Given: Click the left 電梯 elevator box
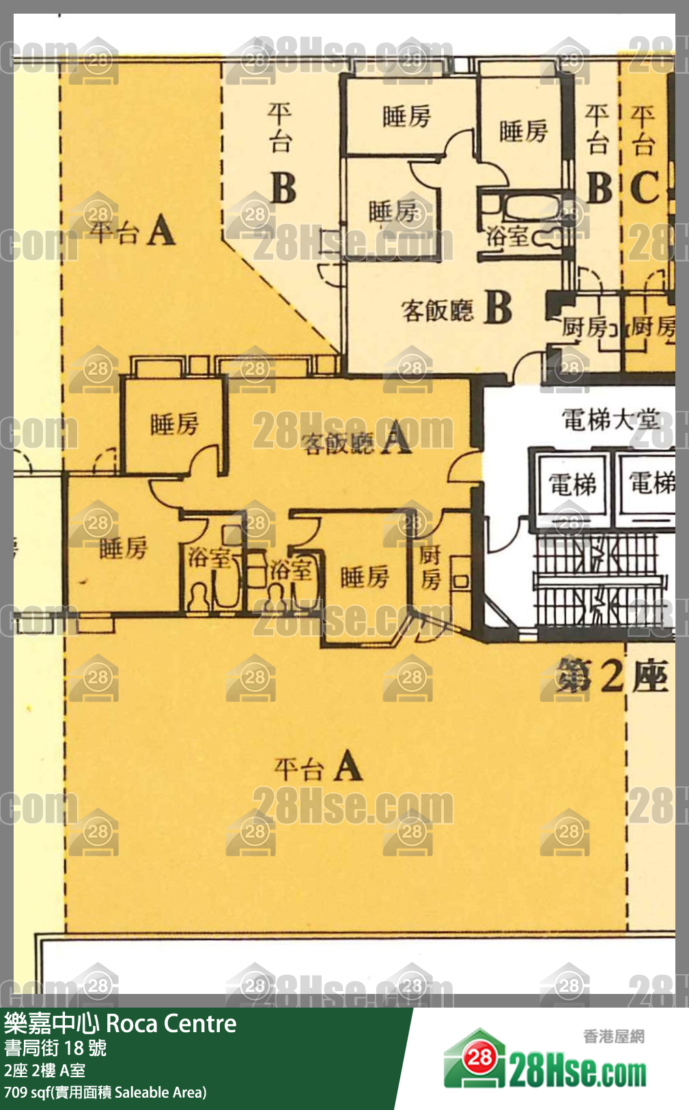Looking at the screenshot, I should (x=572, y=485).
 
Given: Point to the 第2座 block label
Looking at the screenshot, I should (x=611, y=677).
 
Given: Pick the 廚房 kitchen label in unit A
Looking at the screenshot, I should (x=430, y=567).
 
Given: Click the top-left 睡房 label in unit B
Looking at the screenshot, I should (x=407, y=117).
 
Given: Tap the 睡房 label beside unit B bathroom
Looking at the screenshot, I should (x=523, y=130).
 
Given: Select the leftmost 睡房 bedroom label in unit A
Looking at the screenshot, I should (x=123, y=548).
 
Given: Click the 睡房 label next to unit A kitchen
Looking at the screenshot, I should (x=365, y=578).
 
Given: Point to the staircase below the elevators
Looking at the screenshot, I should (x=597, y=580).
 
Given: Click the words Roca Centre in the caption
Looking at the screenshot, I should (x=171, y=1023).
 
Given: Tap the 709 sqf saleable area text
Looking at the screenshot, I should (x=104, y=1092).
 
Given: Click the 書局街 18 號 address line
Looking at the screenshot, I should (x=55, y=1048).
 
